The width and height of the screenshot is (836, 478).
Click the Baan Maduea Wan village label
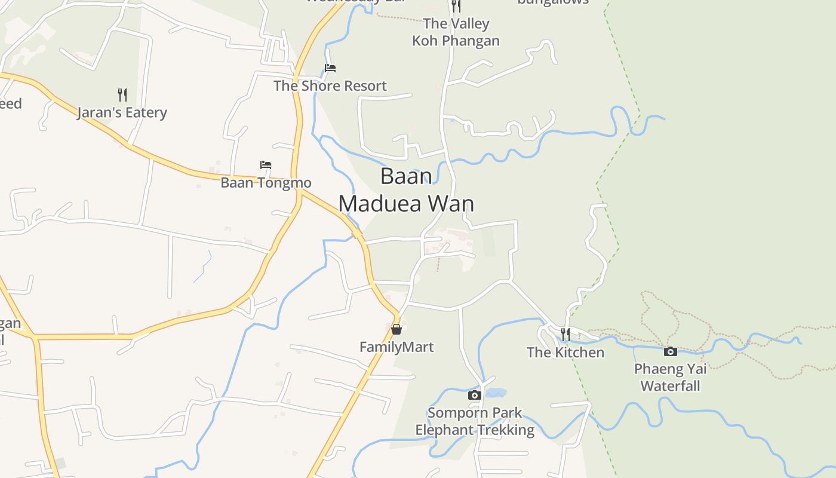click(406, 190)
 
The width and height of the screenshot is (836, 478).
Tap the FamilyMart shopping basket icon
click(396, 329)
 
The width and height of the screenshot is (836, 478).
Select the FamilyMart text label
click(396, 347)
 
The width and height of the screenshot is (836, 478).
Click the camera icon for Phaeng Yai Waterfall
click(671, 351)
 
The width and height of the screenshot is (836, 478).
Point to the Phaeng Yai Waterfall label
click(670, 377)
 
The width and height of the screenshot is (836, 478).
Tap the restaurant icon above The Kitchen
click(565, 334)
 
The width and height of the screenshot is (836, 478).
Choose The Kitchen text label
click(565, 353)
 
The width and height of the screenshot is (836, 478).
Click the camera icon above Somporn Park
click(474, 395)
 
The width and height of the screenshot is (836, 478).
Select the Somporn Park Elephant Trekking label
click(475, 421)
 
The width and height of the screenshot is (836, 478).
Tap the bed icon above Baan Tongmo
click(266, 165)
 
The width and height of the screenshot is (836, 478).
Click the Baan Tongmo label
click(266, 182)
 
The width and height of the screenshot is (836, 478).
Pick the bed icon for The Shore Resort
click(330, 68)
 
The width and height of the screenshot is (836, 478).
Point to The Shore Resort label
click(330, 86)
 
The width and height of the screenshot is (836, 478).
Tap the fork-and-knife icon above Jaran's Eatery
click(122, 94)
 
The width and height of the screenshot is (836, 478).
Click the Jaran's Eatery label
click(122, 112)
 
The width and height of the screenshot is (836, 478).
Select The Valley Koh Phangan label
click(456, 32)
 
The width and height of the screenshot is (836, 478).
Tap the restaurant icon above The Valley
click(456, 6)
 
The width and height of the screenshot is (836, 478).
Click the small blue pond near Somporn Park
click(496, 393)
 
